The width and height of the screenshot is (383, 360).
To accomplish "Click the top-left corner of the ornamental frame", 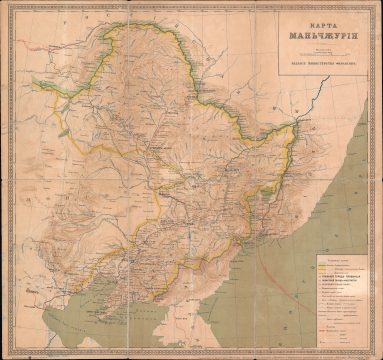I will (5, 5).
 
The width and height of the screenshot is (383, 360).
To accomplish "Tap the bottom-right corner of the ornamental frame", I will (378, 355).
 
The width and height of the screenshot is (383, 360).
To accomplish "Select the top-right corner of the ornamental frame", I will (378, 5).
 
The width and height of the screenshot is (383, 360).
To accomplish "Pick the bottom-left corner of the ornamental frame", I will (5, 355).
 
